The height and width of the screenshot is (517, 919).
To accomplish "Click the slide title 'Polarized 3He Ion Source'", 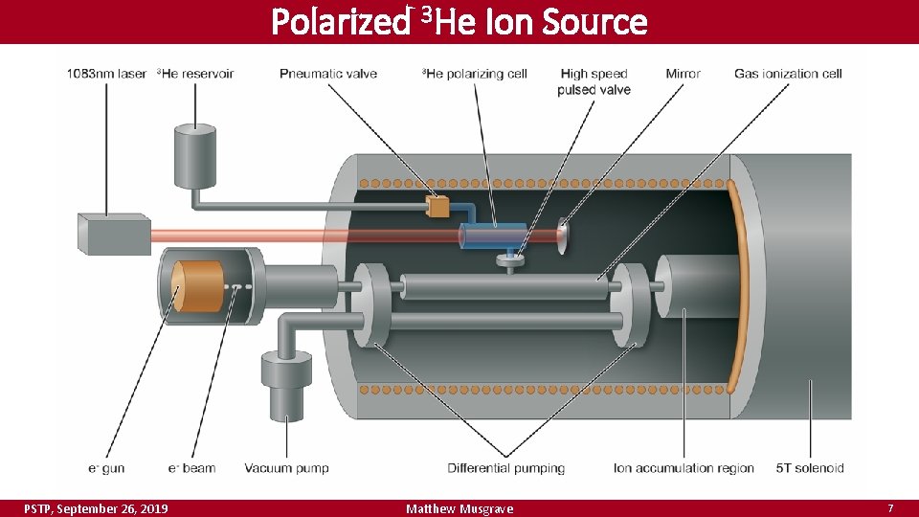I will pos(459,21).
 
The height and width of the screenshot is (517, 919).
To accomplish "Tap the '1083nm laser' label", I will pos(107,74).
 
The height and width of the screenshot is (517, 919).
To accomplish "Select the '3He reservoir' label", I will pos(195,74).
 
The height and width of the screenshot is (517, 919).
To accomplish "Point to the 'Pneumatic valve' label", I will pos(328,74).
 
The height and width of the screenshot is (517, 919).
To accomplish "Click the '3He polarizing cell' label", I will pos(474,74).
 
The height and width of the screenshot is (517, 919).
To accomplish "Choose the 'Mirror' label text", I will pos(683,74).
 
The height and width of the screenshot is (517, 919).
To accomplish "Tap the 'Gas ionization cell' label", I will pos(788,74).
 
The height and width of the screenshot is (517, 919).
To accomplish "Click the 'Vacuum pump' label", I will pos(286,468).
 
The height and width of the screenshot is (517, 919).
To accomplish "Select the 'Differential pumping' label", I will pos(505,468).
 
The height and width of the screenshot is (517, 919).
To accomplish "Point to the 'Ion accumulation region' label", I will pos(684,468).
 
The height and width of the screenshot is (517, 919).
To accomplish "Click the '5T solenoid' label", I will pos(809,468).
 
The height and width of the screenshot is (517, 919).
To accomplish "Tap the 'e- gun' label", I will pos(106,468).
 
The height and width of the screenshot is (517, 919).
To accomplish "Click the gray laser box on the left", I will pos(113,234).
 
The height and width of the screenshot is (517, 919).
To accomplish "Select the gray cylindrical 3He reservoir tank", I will pos(195,155).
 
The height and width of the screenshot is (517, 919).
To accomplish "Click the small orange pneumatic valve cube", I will pos(439,206).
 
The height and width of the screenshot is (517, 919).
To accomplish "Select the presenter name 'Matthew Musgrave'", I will pos(459,508).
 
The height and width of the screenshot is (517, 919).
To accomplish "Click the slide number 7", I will pos(890,507).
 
